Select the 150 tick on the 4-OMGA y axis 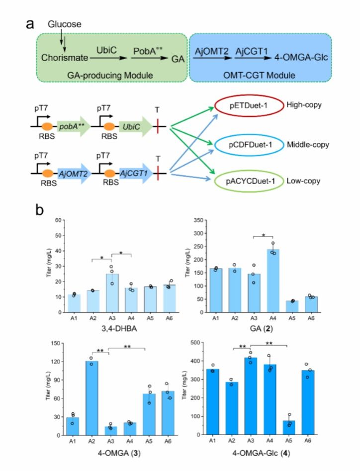coord(50,342)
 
